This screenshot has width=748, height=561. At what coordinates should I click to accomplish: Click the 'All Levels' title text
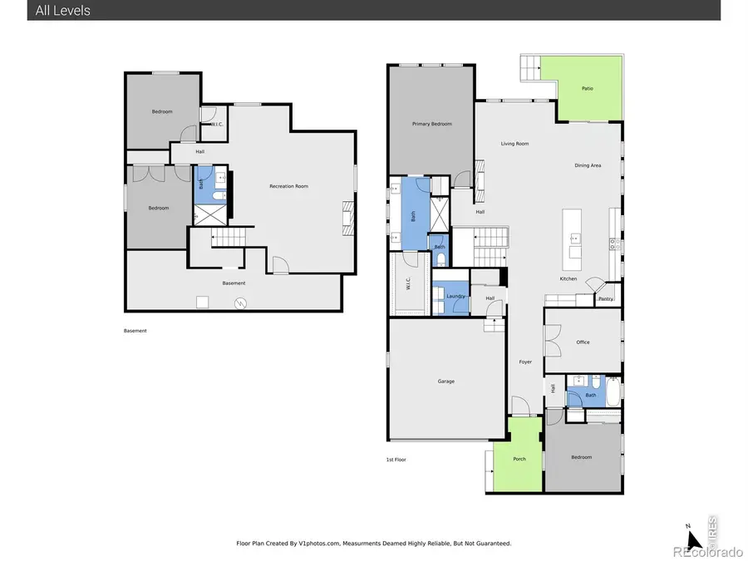pos(63,11)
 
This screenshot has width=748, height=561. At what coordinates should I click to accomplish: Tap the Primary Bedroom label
pos(432,124)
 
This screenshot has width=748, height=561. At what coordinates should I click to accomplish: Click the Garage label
pos(446,381)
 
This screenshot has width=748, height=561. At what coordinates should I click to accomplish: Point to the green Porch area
pos(519,459)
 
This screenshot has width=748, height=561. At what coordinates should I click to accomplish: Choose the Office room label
pos(583,342)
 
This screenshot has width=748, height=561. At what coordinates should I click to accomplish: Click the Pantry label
pos(606,298)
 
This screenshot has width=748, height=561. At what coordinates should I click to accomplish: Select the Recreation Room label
pos(288,186)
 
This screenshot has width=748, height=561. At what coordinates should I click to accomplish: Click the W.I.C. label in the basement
pos(217,125)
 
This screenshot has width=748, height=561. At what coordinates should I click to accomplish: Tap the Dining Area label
pos(588,165)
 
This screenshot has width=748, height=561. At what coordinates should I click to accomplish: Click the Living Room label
pos(514,144)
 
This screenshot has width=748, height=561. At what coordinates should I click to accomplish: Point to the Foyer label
pos(525,362)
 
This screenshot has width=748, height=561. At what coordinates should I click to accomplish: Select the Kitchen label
pos(568,278)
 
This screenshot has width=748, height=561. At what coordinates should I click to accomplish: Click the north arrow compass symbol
pos(689,539)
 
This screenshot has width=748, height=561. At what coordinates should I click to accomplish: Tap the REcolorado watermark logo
pos(708,551)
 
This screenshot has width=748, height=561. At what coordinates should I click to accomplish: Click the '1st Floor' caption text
pos(396,459)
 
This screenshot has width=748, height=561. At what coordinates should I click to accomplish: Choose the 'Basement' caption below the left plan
pos(135,331)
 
